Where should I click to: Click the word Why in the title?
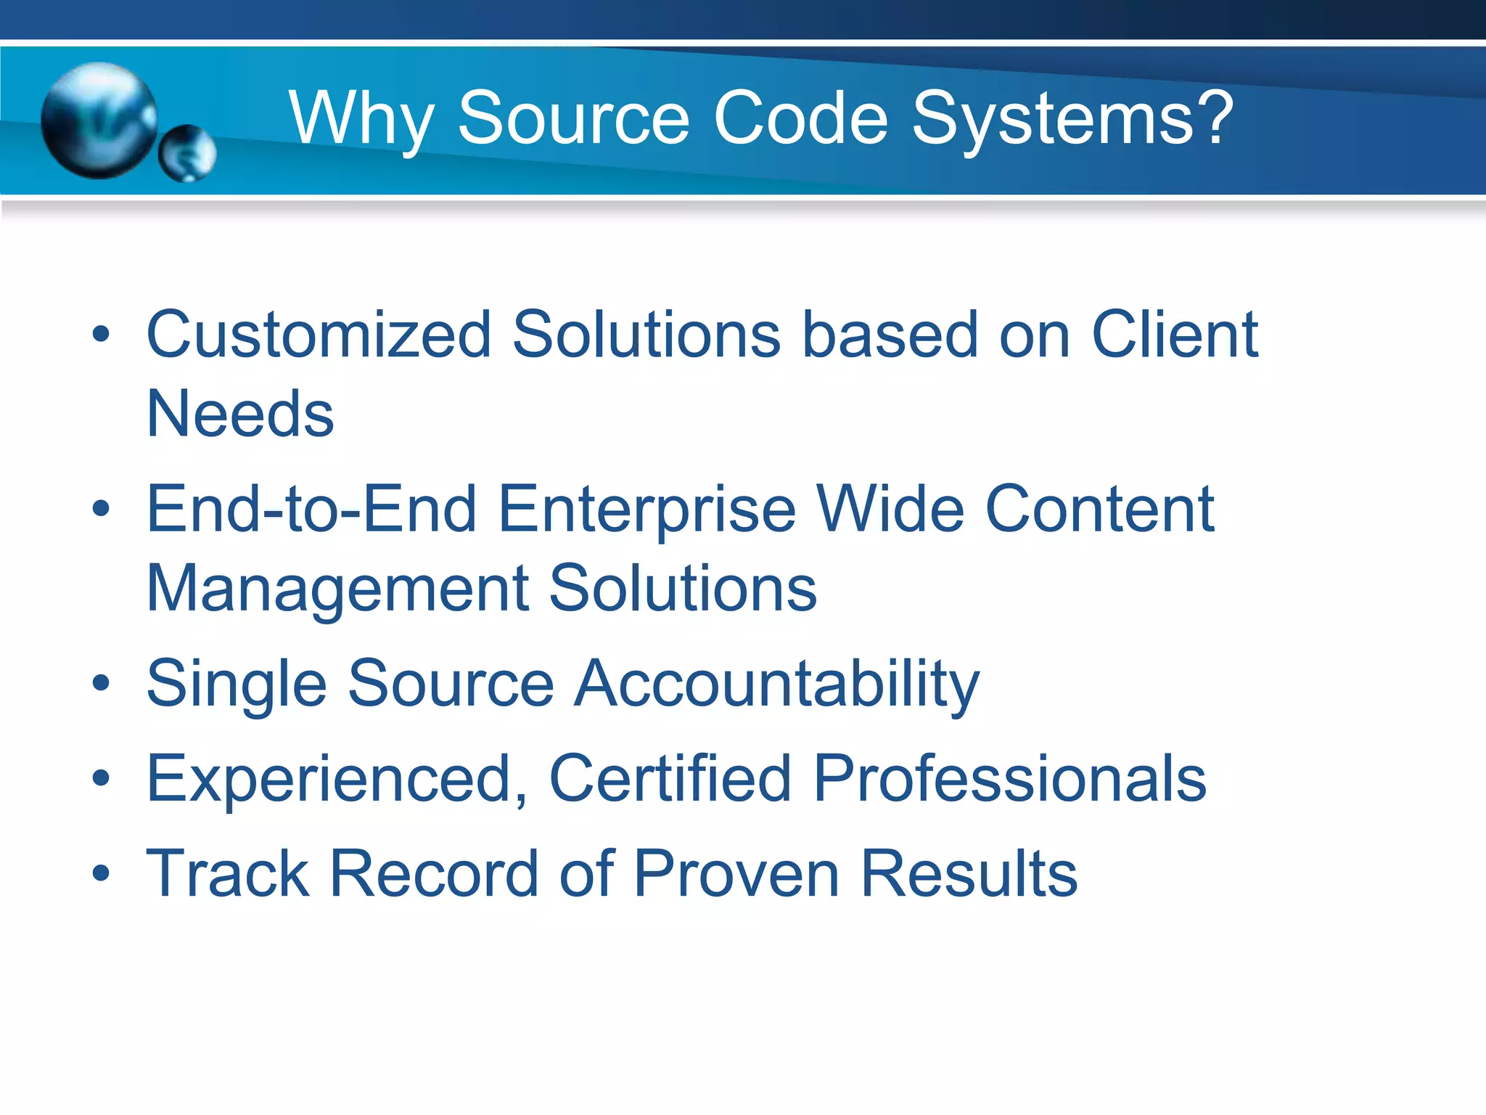point(361,119)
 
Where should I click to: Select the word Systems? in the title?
point(1072,118)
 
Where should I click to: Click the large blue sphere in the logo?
point(99,120)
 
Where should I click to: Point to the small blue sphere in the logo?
point(187,153)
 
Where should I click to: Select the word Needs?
point(240,414)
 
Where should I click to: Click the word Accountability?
point(776,684)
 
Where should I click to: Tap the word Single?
point(237,684)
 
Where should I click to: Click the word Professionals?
point(1009,778)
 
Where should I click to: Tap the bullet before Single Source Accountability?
point(101,683)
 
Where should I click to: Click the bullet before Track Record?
point(101,873)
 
